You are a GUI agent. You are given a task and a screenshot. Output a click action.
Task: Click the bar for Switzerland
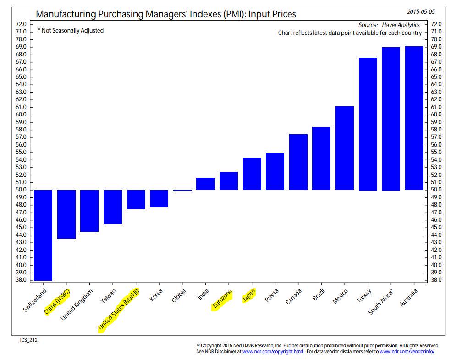(x=43, y=235)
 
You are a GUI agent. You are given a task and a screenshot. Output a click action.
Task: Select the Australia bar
(x=414, y=118)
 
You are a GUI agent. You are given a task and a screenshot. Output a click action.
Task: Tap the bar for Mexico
(x=345, y=148)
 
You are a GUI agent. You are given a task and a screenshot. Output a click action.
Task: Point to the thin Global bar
(x=182, y=190)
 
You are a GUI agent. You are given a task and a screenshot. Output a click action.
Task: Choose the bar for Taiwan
(x=113, y=207)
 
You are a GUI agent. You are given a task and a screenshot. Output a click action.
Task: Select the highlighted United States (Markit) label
(x=120, y=309)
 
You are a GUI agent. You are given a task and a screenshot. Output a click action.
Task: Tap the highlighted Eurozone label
(x=222, y=300)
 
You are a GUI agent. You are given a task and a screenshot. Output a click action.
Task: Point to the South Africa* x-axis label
(x=381, y=302)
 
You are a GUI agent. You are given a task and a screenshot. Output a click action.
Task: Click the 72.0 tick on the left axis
(x=21, y=24)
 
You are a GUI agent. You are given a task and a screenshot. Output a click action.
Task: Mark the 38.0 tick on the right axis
(x=435, y=280)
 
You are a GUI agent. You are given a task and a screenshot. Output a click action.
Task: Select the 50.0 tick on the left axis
(x=21, y=190)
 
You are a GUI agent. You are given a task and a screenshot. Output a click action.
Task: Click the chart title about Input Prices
(x=166, y=14)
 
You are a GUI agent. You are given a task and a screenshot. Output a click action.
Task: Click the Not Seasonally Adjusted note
(x=71, y=31)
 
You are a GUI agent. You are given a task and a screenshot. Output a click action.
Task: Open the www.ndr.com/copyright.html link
(x=273, y=351)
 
